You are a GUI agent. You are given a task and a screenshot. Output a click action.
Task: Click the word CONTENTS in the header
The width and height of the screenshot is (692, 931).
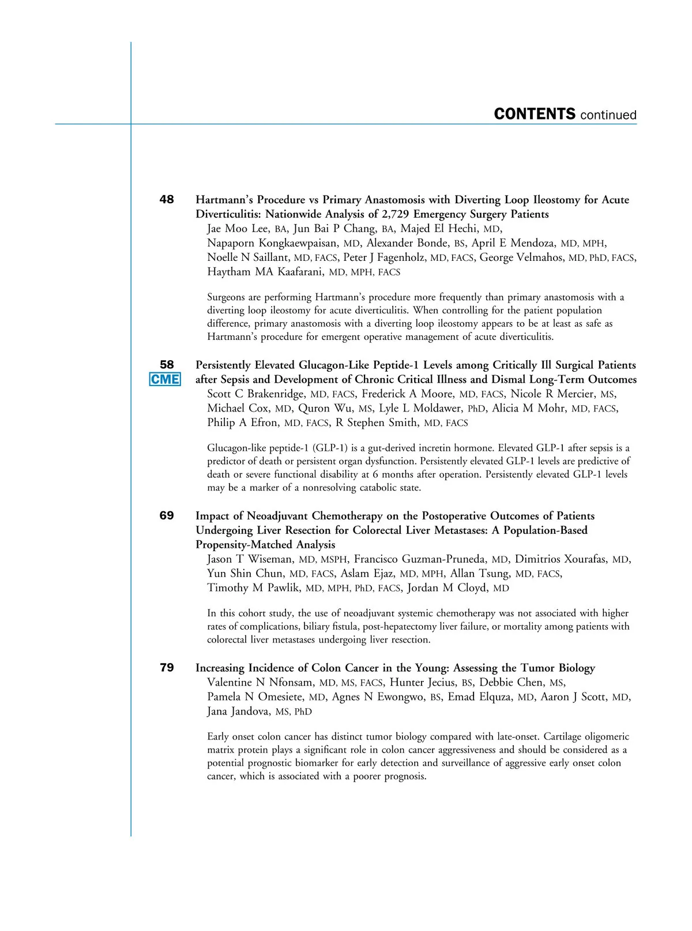pos(535,114)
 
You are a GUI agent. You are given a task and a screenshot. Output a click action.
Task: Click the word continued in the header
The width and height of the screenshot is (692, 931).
pos(608,115)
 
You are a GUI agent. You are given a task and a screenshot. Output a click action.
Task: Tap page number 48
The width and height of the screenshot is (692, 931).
pos(167,200)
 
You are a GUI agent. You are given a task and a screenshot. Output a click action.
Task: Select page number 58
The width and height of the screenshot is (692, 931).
pos(167,365)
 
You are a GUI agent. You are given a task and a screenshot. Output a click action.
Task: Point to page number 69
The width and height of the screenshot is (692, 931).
pos(167,515)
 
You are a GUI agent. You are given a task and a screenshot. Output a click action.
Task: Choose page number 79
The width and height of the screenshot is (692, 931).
pos(167,668)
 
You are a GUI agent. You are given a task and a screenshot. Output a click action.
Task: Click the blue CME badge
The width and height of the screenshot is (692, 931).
pos(165,379)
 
